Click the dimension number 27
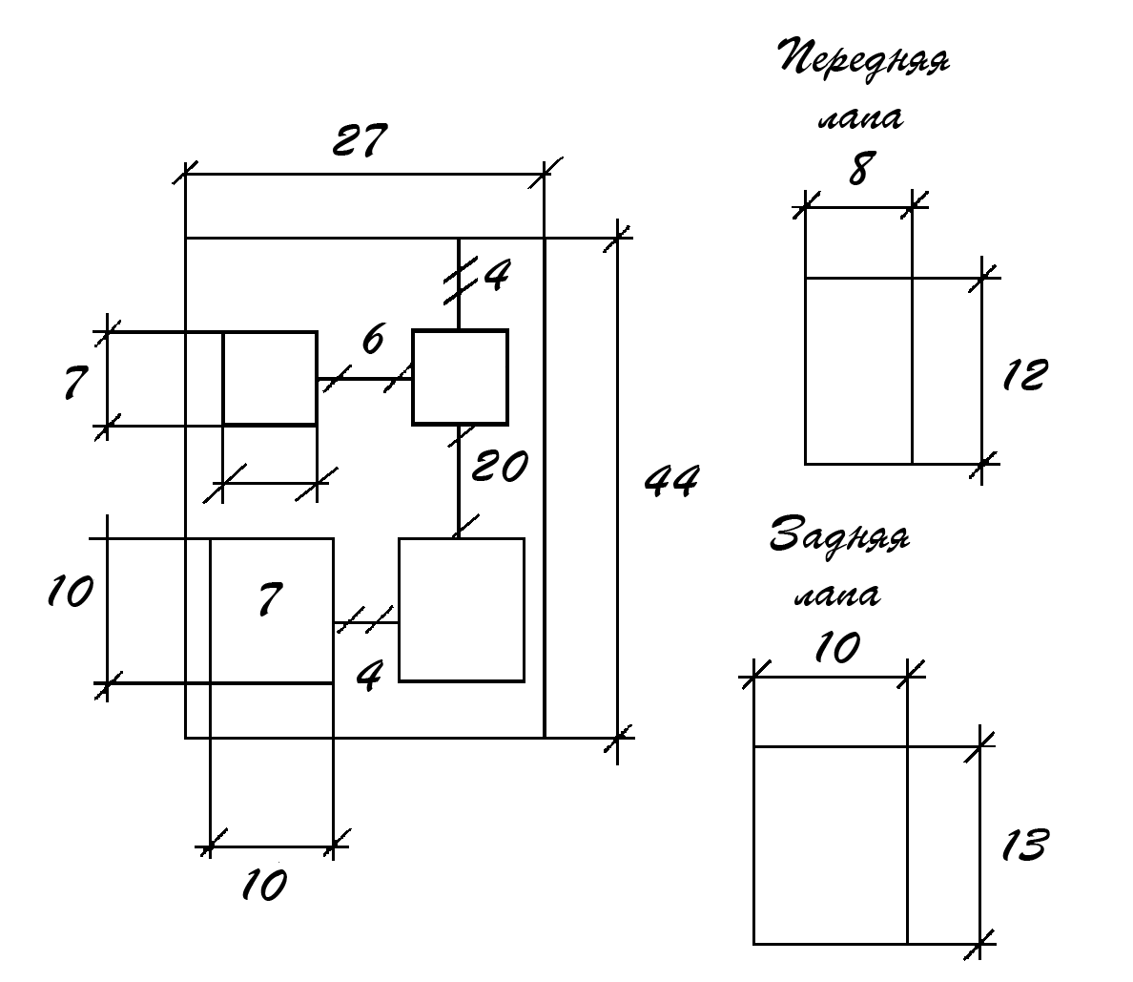[360, 139]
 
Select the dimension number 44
[672, 481]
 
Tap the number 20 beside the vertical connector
[500, 466]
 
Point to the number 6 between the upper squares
[372, 339]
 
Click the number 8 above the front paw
[860, 169]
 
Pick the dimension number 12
[1024, 375]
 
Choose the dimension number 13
[1024, 845]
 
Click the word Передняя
[864, 59]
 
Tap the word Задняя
[839, 535]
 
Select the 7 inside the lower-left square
[270, 598]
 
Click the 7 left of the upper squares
[75, 383]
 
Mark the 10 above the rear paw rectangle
[837, 647]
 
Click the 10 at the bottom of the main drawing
[264, 885]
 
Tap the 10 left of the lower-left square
[70, 591]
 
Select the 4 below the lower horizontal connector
[369, 676]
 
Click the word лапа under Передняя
[860, 118]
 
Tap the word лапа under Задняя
[837, 595]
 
